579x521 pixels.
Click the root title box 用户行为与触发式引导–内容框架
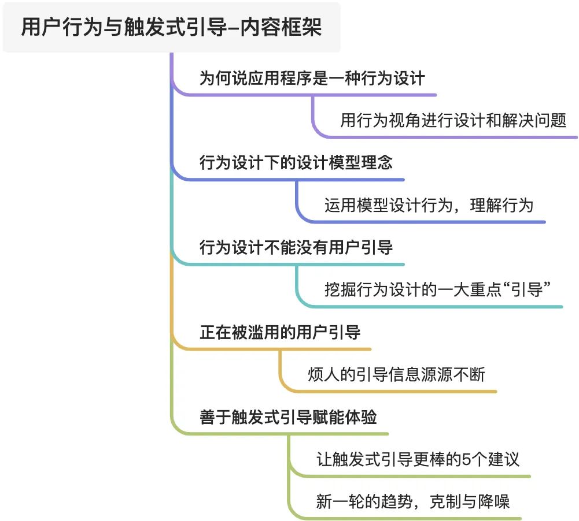(171, 27)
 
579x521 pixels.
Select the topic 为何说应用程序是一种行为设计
(312, 78)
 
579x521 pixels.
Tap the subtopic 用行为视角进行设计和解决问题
(453, 120)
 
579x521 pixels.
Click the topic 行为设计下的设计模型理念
(296, 163)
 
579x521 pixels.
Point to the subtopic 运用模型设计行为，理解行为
(429, 205)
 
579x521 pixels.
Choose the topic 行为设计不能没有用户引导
(296, 247)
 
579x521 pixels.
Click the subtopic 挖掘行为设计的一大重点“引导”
(437, 289)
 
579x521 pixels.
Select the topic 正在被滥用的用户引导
(280, 332)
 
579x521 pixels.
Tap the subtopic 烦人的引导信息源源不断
(396, 374)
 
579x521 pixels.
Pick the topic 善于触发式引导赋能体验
(288, 417)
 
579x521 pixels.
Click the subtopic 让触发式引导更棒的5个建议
(418, 459)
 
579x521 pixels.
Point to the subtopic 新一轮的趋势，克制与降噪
(412, 501)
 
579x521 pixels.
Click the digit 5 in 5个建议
(466, 459)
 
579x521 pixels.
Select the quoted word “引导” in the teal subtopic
(526, 289)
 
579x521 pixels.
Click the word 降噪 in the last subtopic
(493, 501)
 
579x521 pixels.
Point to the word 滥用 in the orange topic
(264, 332)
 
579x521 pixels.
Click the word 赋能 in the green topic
(329, 417)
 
